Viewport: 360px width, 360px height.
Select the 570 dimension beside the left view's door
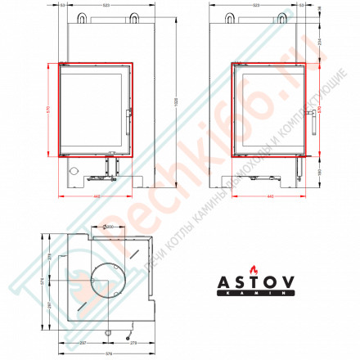click(49, 110)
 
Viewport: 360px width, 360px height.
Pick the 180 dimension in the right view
click(320, 169)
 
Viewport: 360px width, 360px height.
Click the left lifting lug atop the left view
click(82, 16)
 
